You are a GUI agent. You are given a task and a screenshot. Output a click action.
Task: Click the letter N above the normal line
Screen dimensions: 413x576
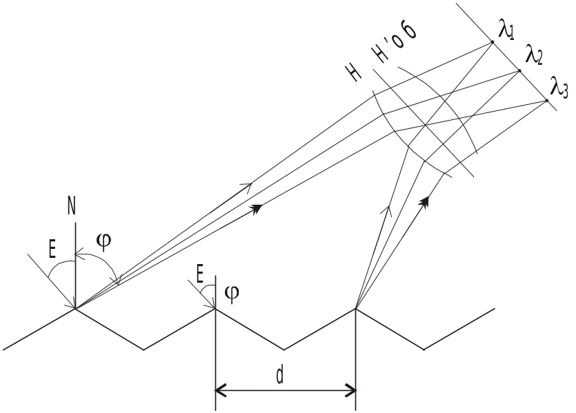tap(72, 205)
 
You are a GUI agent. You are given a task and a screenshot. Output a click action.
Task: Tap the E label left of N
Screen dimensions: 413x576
tap(53, 249)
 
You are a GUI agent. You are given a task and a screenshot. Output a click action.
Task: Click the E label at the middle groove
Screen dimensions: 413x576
tap(200, 276)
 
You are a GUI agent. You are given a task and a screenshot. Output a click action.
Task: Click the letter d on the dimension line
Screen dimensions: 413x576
tap(279, 375)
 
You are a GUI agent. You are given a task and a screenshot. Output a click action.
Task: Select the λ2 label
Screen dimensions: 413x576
tap(533, 54)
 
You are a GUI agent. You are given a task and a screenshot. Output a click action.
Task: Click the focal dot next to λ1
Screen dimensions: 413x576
tap(493, 42)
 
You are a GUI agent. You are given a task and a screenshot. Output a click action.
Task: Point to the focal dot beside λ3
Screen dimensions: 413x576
tap(546, 101)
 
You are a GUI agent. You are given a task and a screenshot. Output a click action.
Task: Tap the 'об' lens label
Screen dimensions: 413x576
tap(404, 39)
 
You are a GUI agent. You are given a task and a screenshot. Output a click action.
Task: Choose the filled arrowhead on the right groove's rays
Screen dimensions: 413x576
tap(425, 201)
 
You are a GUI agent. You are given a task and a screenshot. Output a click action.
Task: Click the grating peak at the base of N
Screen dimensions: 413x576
tap(75, 309)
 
